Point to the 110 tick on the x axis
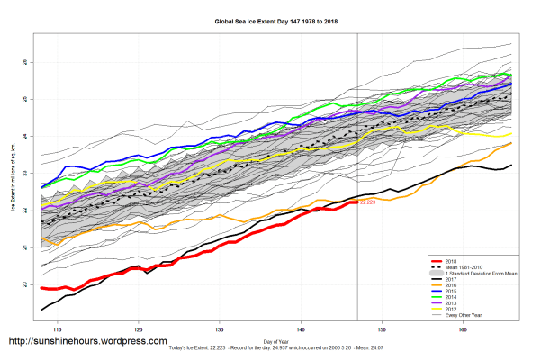pos(57,328)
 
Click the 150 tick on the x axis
pos(383,328)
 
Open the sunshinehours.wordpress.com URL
pos(87,342)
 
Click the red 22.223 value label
pos(367,203)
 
